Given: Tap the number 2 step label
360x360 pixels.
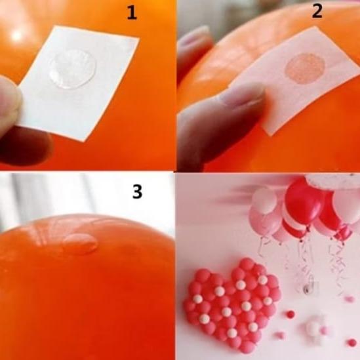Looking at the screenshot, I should coord(317,11).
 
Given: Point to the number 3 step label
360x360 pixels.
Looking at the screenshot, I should coord(137,191).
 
